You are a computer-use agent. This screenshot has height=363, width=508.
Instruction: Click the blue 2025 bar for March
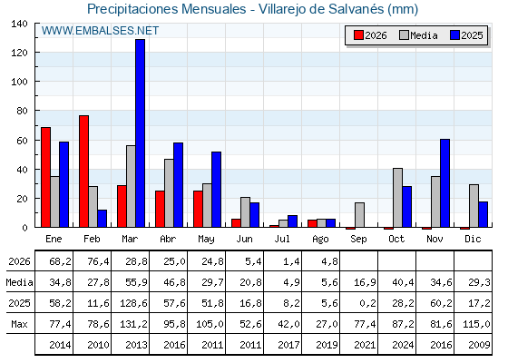[x=140, y=133]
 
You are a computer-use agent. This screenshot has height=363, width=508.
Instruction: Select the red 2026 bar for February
[x=83, y=172]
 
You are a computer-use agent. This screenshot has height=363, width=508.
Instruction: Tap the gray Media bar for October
[x=397, y=198]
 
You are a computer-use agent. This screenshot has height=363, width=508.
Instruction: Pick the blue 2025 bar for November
[x=444, y=183]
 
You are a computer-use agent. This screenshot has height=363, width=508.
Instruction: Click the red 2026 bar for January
[x=45, y=177]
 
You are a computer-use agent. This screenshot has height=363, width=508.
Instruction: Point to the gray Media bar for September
[x=359, y=215]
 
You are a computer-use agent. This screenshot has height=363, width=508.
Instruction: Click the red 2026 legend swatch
[x=358, y=35]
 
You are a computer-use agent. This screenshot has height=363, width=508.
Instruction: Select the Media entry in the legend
[x=418, y=35]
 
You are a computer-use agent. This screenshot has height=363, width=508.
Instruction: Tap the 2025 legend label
[x=472, y=35]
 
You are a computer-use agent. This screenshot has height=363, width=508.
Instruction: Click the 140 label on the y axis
[x=19, y=24]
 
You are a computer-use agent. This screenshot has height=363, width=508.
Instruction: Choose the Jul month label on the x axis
[x=282, y=239]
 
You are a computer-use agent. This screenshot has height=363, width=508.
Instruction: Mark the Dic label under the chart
[x=473, y=239]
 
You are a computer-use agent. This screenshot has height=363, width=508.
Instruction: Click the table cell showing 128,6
[x=133, y=303]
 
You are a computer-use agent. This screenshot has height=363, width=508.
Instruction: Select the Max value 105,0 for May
[x=210, y=324]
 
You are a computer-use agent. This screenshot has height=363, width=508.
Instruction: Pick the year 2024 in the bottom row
[x=403, y=345]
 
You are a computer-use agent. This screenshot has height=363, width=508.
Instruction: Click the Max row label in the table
[x=19, y=324]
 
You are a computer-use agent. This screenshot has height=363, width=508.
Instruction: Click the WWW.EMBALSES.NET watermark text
[x=100, y=31]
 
